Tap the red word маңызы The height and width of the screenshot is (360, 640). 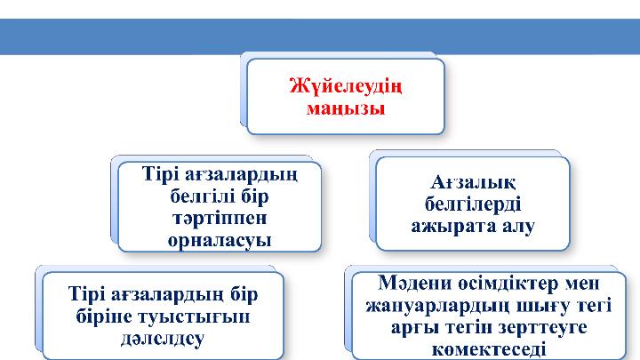tap(346, 110)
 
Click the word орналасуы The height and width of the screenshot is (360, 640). tap(220, 239)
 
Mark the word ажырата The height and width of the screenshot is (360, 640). tap(452, 226)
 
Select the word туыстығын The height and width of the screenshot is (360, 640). tap(188, 316)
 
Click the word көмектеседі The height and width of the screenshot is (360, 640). tap(487, 349)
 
